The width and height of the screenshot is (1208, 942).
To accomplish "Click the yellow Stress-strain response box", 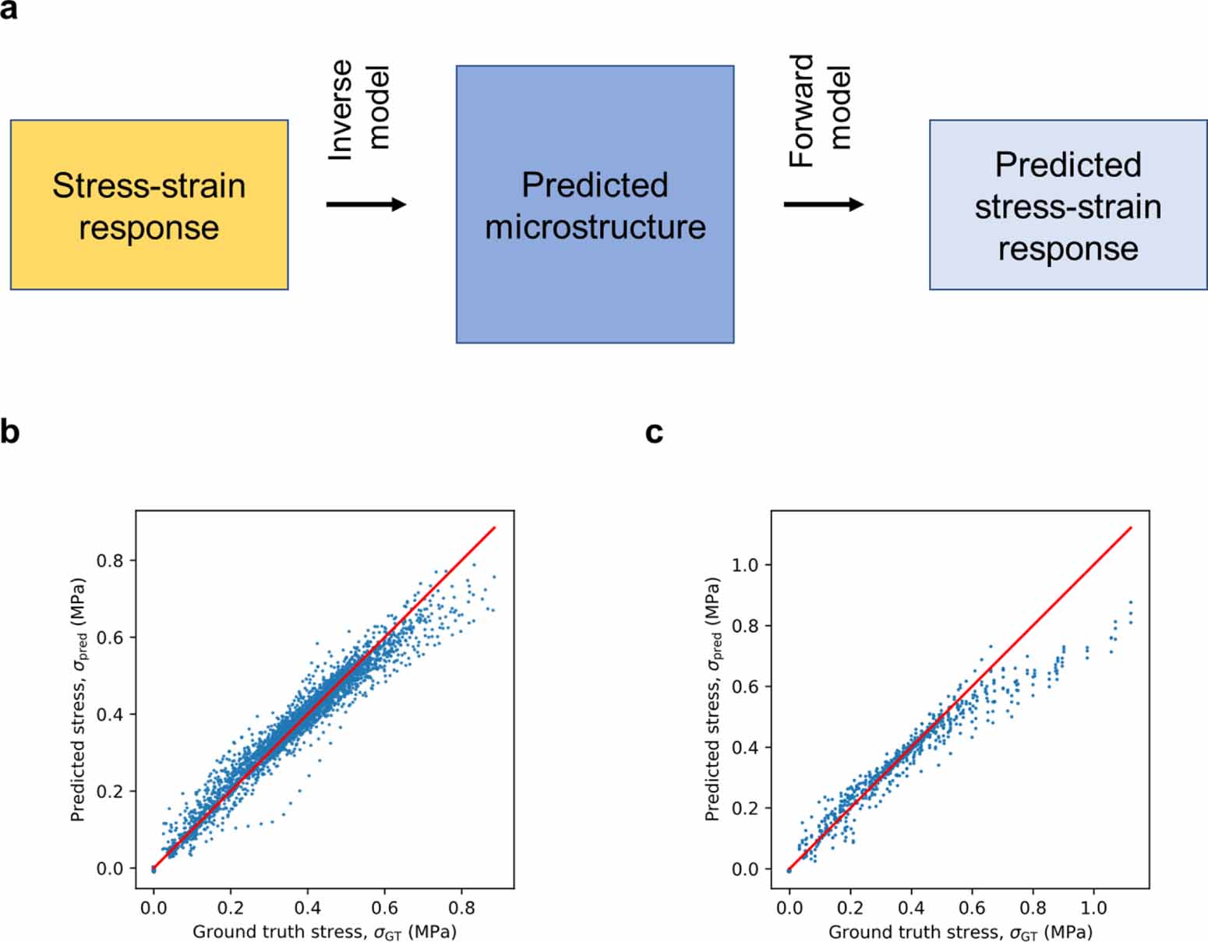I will point(149,205).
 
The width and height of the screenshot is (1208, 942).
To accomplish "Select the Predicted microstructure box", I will point(595,204).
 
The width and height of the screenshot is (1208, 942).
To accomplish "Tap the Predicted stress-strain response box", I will point(1068,205).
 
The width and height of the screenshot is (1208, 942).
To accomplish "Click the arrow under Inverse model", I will point(366,204).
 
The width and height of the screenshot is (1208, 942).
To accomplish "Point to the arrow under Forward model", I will point(824,204).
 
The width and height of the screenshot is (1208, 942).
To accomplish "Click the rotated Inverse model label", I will point(358,109).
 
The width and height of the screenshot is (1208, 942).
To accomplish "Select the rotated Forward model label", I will point(819,109).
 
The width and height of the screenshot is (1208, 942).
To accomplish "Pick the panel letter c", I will point(654,431).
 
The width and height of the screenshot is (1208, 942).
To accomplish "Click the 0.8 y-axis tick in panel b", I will point(110,560).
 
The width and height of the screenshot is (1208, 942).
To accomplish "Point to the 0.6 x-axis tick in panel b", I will point(384,908).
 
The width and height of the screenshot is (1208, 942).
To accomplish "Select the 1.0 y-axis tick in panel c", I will point(745,565).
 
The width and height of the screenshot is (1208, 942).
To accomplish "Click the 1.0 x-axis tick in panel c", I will point(1093,908).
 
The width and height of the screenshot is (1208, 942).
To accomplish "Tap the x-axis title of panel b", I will point(324,932).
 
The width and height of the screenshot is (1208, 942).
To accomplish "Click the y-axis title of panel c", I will point(712,699).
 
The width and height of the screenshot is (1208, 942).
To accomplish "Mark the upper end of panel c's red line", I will point(1131,527).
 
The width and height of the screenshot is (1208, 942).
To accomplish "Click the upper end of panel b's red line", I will point(496,527).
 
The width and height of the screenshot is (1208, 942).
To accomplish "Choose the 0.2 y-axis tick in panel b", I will point(110,792).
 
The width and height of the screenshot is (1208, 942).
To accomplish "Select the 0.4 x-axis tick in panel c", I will point(911,908).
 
